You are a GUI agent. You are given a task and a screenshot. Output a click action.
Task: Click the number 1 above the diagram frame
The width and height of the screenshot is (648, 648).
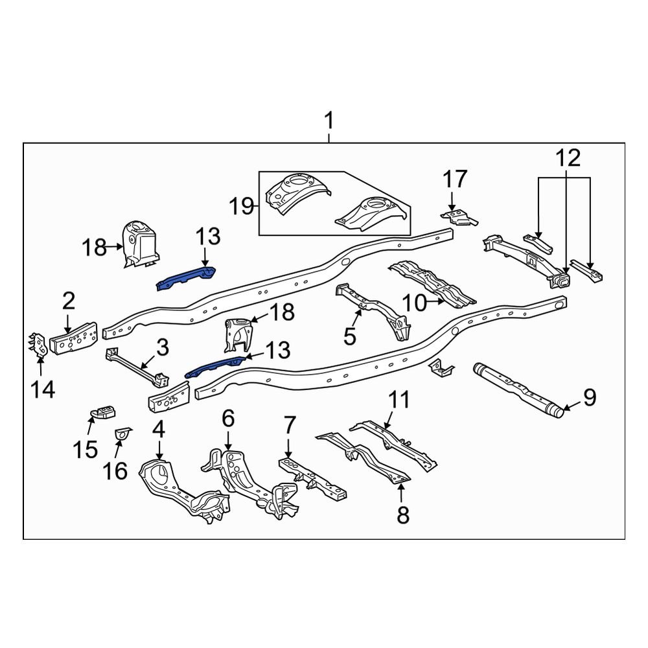point(329,121)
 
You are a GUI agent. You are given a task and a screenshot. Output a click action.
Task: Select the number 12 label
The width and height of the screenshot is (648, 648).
point(567,158)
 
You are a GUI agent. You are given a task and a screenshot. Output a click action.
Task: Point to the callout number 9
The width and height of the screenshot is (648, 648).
point(589,397)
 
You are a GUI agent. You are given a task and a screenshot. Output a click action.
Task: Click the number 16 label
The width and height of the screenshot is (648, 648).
point(115,471)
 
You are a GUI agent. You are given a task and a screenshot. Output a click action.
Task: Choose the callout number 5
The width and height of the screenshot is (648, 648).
point(349,336)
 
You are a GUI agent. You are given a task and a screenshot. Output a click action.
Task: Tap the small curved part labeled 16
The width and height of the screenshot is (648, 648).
point(121,433)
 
